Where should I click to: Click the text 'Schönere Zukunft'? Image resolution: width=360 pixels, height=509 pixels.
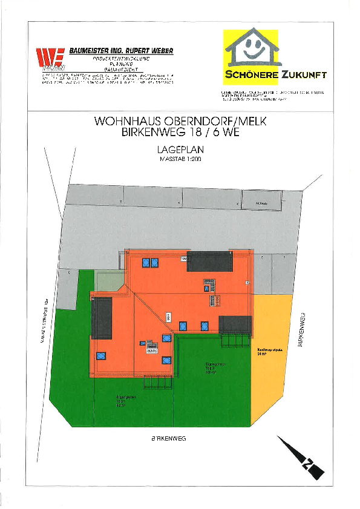275,75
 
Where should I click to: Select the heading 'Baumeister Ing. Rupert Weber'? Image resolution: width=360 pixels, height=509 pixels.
120,51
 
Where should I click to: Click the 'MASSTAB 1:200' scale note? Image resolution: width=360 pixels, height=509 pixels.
180,159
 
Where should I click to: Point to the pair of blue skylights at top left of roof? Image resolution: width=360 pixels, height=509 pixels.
149,263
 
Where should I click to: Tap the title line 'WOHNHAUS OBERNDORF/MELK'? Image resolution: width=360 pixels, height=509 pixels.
180,122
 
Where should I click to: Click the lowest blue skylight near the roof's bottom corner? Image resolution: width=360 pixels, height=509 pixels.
166,360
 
